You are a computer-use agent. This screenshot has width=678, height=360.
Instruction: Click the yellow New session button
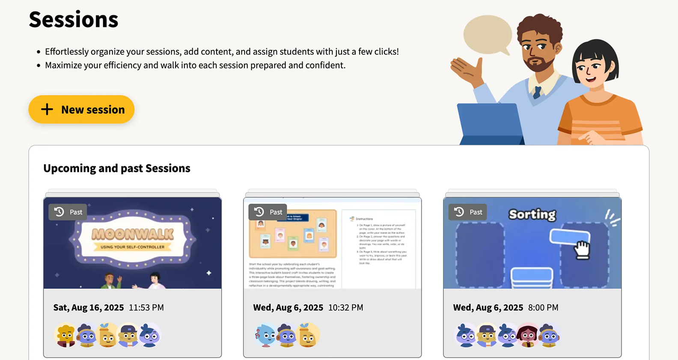click(x=81, y=110)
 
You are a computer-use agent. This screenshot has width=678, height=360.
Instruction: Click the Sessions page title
click(x=73, y=20)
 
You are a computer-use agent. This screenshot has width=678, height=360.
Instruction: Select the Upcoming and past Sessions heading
click(x=116, y=168)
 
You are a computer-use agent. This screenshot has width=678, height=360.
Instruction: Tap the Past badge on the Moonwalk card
click(x=68, y=212)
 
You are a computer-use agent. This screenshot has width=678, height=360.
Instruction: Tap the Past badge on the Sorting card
click(x=467, y=212)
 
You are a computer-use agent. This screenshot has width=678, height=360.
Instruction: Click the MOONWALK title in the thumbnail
click(x=132, y=234)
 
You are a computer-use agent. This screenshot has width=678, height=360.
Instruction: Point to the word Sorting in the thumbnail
click(x=532, y=214)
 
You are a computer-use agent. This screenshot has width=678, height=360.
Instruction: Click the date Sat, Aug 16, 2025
click(x=88, y=307)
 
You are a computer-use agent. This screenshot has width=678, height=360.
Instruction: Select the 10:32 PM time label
click(x=345, y=307)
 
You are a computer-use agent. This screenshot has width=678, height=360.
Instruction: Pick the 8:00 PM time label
click(x=543, y=307)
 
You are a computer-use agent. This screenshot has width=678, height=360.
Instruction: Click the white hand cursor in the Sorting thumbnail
click(x=582, y=250)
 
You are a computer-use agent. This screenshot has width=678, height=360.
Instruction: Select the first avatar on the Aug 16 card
click(x=65, y=335)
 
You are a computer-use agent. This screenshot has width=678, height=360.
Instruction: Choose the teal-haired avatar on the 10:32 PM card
click(x=265, y=335)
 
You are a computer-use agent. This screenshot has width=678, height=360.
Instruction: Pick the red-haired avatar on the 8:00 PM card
click(x=528, y=335)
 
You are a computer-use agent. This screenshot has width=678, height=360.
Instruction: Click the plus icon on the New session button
click(x=47, y=110)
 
